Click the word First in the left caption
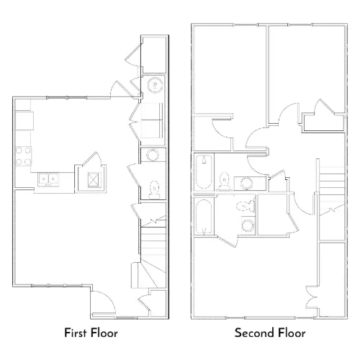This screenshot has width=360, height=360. (x=76, y=333)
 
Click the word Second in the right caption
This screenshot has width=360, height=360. (x=251, y=333)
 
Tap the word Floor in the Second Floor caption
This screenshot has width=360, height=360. (x=288, y=333)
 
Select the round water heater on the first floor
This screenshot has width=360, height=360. (x=155, y=85)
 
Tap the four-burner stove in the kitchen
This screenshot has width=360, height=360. (x=23, y=156)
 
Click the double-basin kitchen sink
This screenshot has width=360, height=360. (x=48, y=179)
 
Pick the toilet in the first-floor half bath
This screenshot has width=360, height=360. (x=154, y=189)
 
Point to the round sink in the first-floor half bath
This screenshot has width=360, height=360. (x=153, y=155)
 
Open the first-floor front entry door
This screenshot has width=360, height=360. (x=104, y=302)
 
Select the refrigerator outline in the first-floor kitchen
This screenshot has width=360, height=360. (x=24, y=121)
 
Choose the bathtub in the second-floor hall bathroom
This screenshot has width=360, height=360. (x=204, y=172)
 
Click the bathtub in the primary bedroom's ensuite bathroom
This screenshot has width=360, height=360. (x=204, y=217)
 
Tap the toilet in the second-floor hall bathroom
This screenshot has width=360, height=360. (x=225, y=181)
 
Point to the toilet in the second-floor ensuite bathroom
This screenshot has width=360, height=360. (x=245, y=206)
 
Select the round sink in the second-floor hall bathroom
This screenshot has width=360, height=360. (x=246, y=184)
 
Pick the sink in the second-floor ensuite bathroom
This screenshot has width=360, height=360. (x=248, y=225)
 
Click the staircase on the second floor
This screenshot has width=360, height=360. (x=332, y=189)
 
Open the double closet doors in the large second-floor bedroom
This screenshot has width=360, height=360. (x=311, y=297)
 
